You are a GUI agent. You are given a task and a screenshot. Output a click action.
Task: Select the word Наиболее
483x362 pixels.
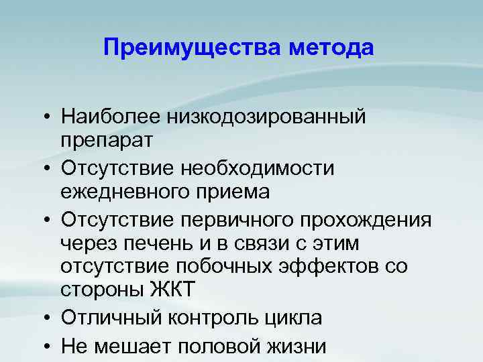point(103,116)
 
